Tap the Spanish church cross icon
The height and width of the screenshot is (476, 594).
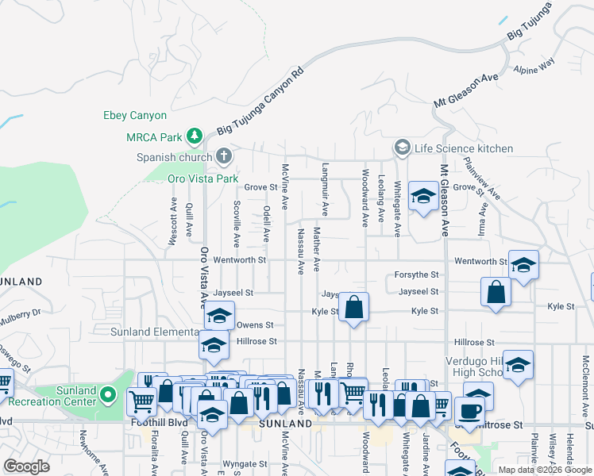(x=225, y=155)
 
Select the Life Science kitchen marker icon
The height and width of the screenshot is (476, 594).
(x=403, y=148)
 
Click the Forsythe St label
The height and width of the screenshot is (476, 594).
(x=418, y=275)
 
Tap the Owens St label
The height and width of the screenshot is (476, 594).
(x=255, y=325)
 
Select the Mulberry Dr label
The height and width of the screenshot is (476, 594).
(x=21, y=313)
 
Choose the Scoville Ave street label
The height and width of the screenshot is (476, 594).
(x=237, y=224)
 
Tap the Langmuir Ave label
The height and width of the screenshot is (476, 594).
(x=326, y=189)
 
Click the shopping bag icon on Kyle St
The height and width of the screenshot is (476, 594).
(x=353, y=306)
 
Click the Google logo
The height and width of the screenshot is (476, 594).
(x=27, y=466)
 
